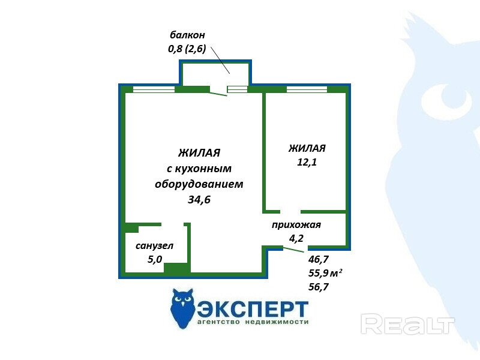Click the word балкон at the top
point(187,35)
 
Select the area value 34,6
point(199,200)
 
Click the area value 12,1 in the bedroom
point(307,162)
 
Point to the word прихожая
point(296,225)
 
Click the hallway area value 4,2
point(296,238)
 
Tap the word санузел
point(155,246)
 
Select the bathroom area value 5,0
point(155,259)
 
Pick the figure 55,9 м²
point(325,273)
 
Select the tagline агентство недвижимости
point(253,322)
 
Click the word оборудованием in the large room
point(199,184)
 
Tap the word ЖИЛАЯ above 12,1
point(307,148)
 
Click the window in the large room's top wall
point(154,90)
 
